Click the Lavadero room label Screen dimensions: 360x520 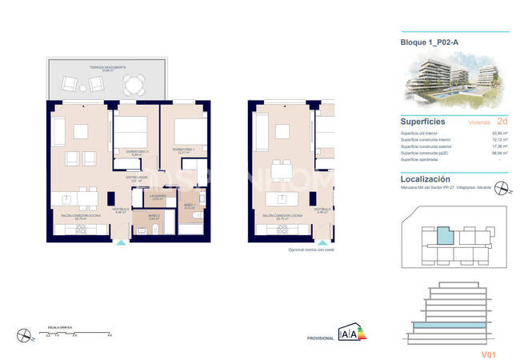point(158,198)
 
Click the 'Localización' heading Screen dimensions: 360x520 point(425,180)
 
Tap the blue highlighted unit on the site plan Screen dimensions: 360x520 point(444,238)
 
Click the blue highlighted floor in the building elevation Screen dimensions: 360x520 point(452,327)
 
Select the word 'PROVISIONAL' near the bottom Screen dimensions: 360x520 point(320,339)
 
